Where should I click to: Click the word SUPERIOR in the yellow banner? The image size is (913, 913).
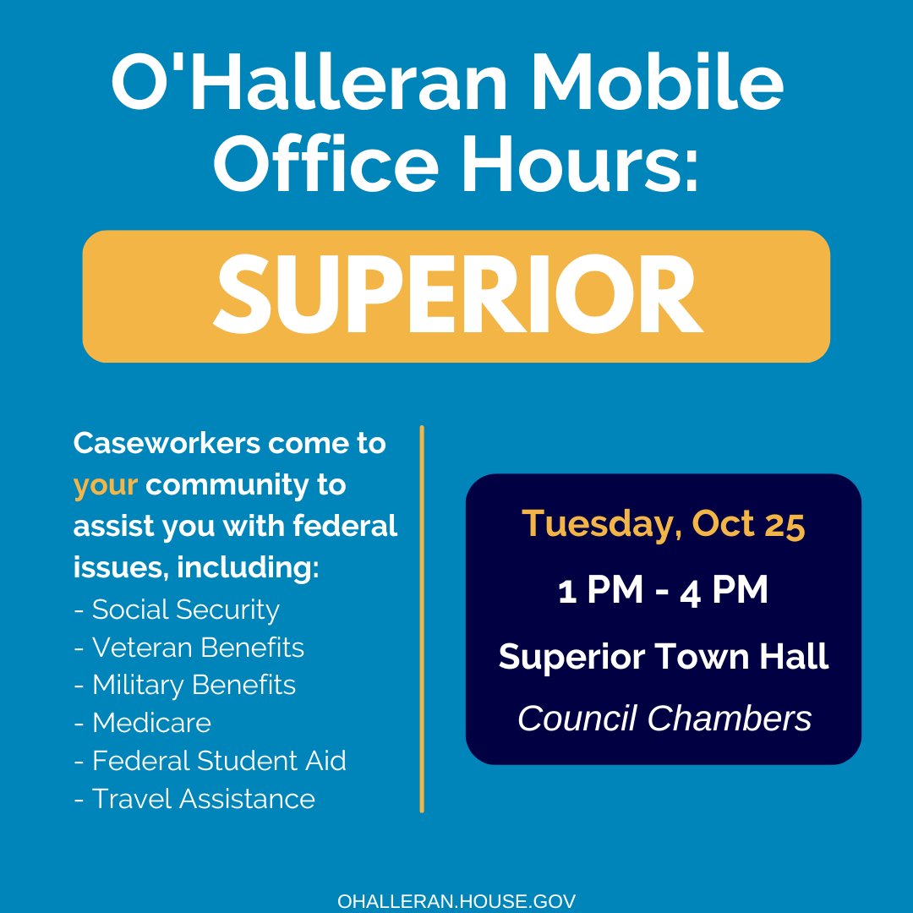click(x=456, y=296)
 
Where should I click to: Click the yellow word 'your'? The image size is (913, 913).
click(x=106, y=486)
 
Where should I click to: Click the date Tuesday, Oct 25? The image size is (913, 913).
click(x=664, y=525)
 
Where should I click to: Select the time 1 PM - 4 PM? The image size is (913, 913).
click(x=664, y=591)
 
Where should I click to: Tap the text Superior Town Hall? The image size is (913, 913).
click(x=664, y=657)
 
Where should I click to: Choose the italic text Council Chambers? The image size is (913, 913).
click(x=664, y=719)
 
